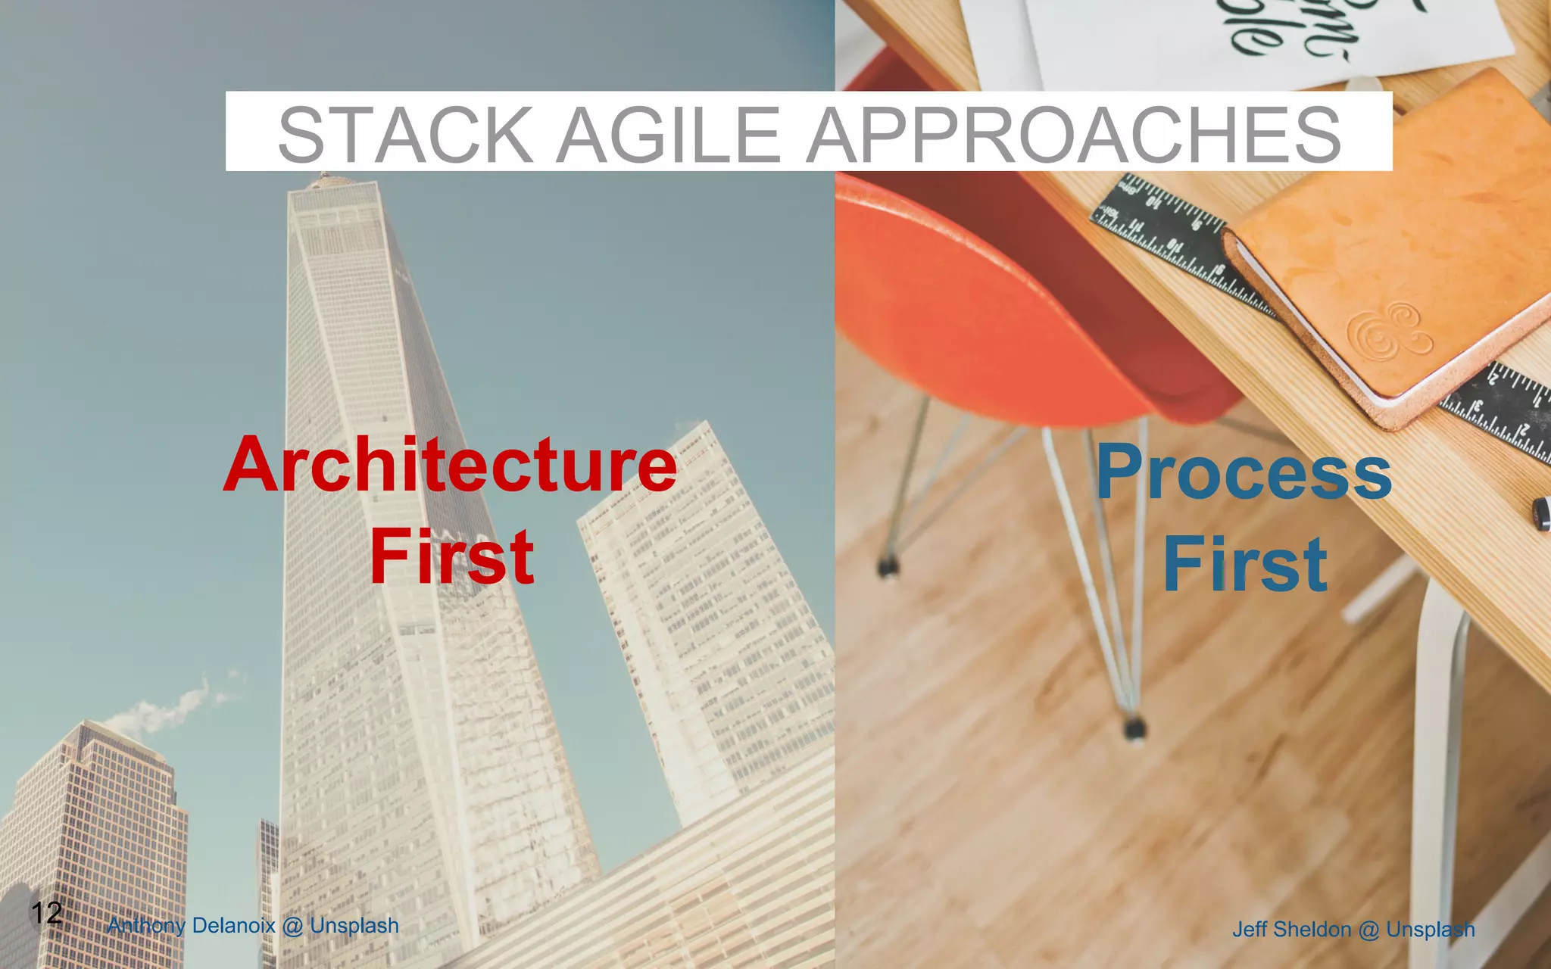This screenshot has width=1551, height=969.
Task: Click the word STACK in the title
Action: (x=405, y=134)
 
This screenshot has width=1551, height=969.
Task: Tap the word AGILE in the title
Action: (x=669, y=134)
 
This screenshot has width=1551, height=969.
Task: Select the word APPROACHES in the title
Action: (x=1073, y=134)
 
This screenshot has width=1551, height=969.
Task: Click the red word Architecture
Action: (x=450, y=465)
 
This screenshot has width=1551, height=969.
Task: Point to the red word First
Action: (x=452, y=558)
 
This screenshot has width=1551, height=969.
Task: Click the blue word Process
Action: (x=1244, y=474)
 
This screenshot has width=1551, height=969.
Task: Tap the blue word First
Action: (x=1245, y=565)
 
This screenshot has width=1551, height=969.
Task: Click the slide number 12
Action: (x=46, y=912)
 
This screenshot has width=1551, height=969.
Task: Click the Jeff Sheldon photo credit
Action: (x=1353, y=929)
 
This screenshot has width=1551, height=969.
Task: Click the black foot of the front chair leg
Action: (x=1134, y=729)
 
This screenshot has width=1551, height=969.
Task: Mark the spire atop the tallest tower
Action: (x=326, y=179)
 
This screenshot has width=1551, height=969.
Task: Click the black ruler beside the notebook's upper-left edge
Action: (x=1166, y=227)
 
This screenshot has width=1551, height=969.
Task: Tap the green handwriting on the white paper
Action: (x=1287, y=30)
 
